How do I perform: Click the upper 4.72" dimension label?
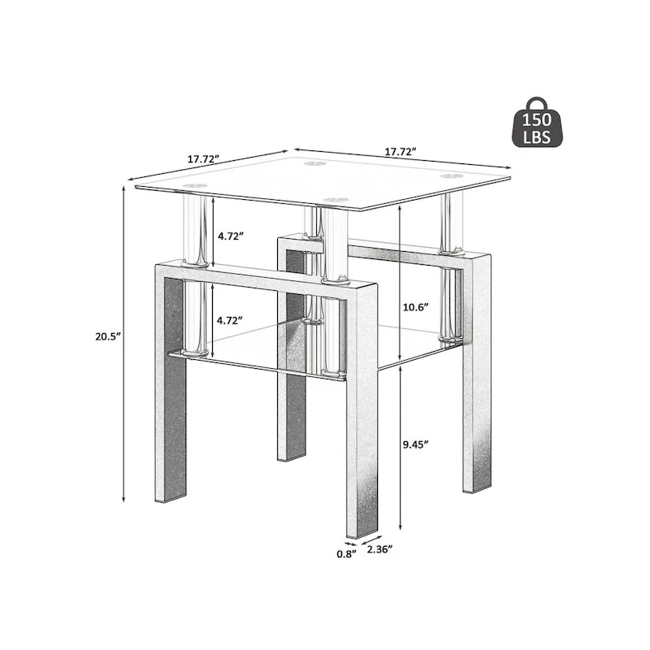[231, 236]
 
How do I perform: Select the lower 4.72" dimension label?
[231, 321]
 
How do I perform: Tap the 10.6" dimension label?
[415, 308]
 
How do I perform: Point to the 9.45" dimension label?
[416, 444]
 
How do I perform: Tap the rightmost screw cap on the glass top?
[450, 175]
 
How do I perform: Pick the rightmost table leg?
[475, 374]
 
